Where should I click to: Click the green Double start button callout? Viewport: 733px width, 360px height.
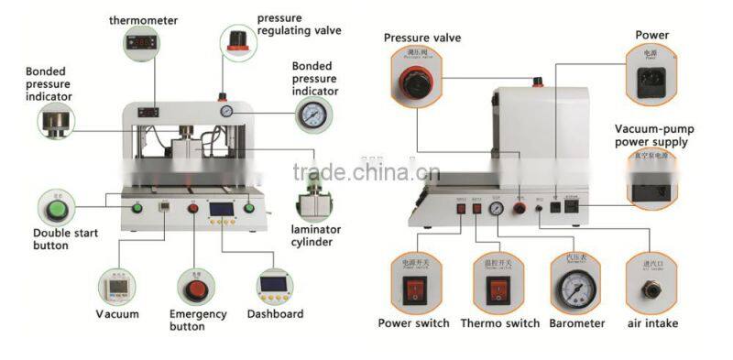click(x=54, y=207)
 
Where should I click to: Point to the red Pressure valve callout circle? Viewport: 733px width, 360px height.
click(x=415, y=82)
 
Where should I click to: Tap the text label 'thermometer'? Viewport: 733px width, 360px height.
click(x=143, y=19)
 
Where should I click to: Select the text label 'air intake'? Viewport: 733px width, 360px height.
click(x=654, y=323)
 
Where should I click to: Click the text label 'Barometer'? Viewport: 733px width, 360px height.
click(x=577, y=323)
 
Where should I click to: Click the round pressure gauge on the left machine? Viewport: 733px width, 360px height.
click(x=224, y=111)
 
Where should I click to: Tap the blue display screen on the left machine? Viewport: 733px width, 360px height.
click(x=220, y=209)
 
